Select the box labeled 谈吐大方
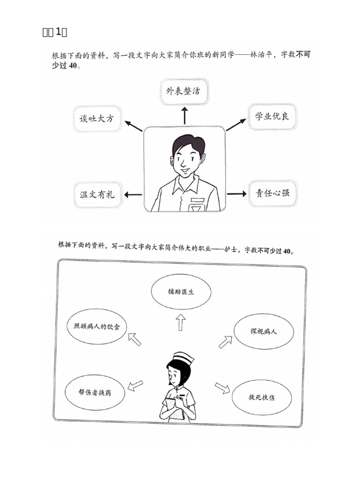(97, 119)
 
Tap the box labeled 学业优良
(272, 116)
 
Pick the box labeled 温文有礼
(97, 194)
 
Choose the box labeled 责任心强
(272, 193)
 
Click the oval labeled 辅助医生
(181, 292)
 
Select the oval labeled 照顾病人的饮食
(97, 326)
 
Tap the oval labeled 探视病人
(263, 331)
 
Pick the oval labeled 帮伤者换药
(95, 391)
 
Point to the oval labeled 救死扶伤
(262, 397)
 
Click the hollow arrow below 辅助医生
(181, 322)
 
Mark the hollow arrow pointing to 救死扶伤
(222, 388)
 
